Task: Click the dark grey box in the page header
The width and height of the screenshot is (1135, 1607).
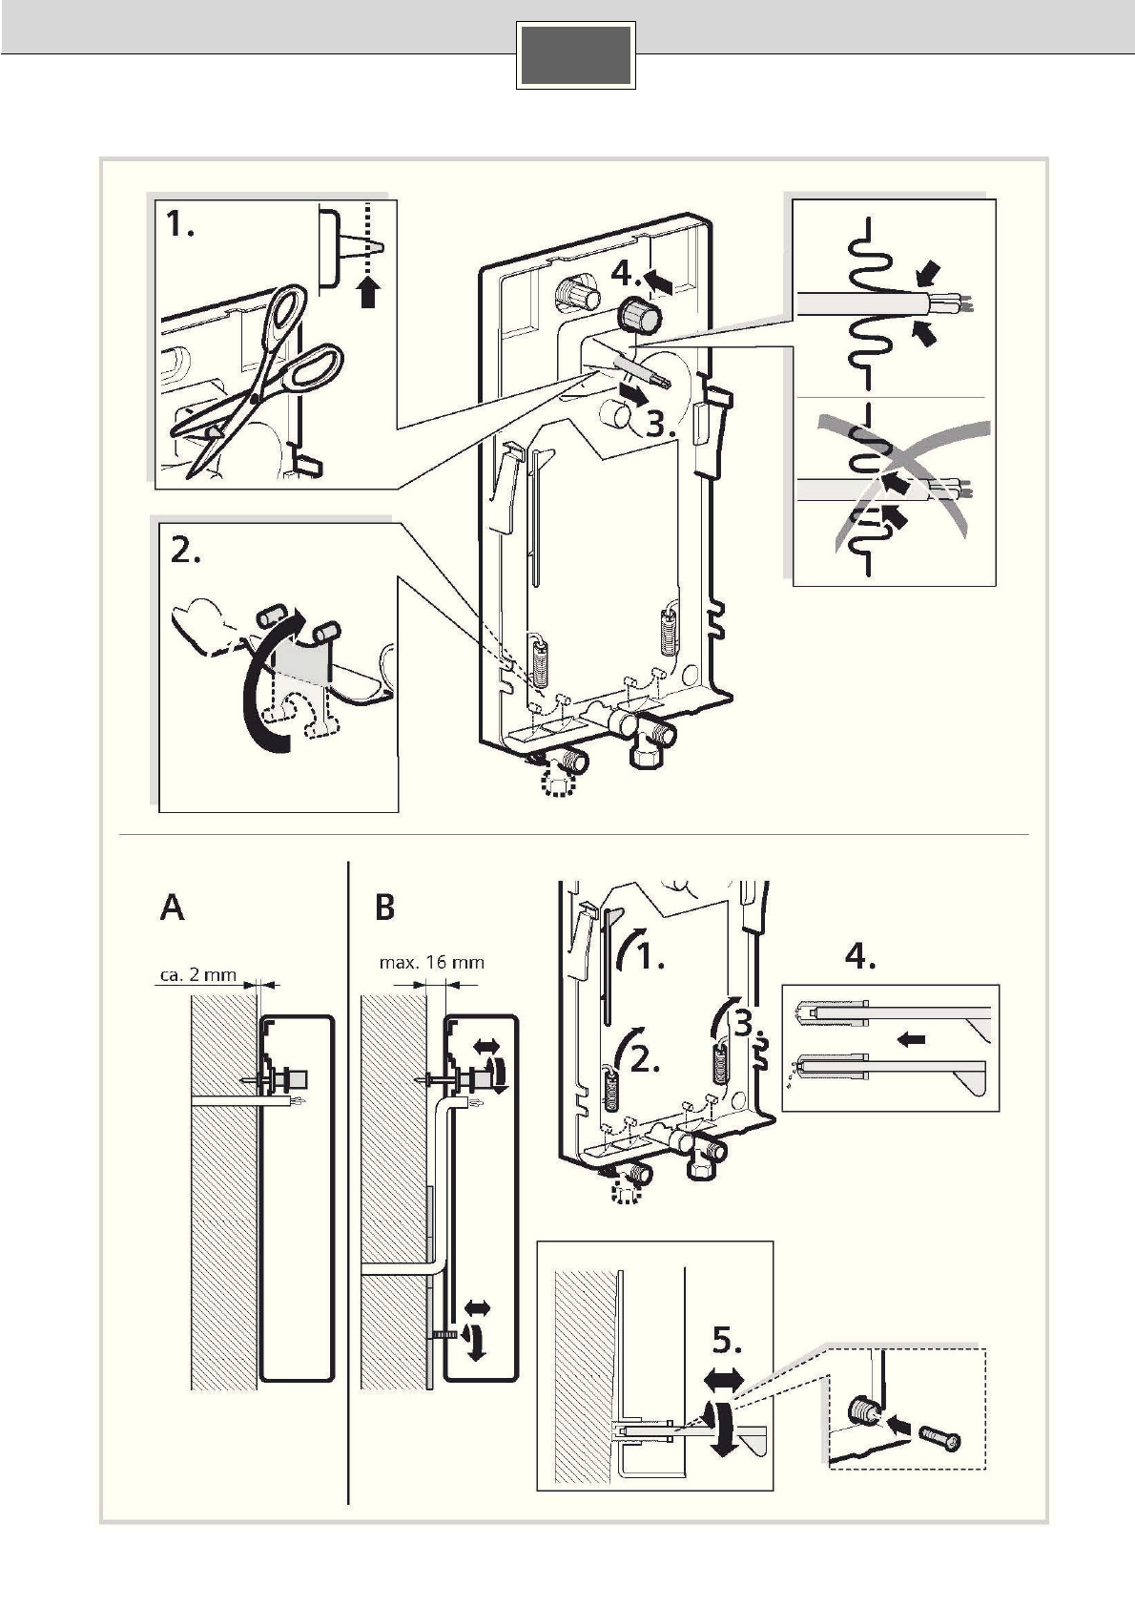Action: point(576,55)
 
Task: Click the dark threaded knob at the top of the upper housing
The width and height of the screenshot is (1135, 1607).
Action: point(636,315)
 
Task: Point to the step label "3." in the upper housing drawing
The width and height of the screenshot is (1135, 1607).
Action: point(661,425)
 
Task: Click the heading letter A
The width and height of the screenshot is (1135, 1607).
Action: point(173,908)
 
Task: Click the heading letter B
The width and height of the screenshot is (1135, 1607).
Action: point(384,908)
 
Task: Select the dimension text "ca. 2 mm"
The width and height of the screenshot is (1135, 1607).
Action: point(194,976)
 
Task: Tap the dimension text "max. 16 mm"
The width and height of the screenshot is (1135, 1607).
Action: point(431,962)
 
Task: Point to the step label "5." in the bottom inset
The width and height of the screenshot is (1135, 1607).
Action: point(728,1342)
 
